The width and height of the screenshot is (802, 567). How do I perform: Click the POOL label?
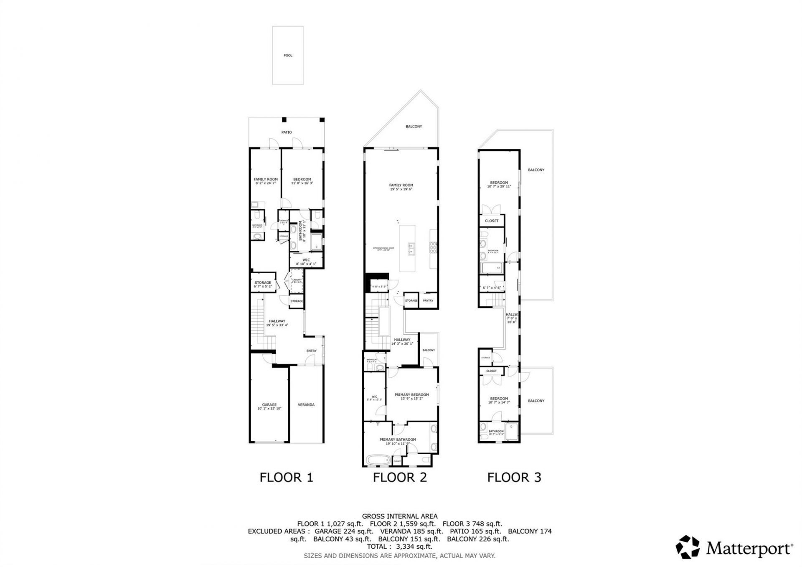[288, 56]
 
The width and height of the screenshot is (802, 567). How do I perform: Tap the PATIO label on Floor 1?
[286, 132]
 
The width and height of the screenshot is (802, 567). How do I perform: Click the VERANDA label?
[306, 405]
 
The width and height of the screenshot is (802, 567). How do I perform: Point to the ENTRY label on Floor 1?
[311, 351]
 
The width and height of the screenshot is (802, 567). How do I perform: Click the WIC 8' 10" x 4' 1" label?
[306, 262]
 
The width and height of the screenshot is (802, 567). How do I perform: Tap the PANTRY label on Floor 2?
[428, 301]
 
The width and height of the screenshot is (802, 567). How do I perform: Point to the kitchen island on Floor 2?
[407, 248]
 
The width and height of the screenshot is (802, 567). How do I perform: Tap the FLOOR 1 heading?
[286, 477]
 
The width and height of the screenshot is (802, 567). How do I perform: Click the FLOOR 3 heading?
[514, 477]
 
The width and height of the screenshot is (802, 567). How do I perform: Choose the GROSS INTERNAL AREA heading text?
[399, 516]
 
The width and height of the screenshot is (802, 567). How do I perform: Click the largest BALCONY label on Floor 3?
[536, 170]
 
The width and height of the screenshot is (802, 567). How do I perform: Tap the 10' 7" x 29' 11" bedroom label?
[499, 185]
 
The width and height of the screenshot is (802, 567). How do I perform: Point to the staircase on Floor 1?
[258, 326]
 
